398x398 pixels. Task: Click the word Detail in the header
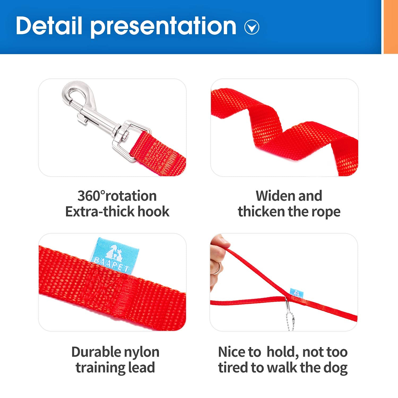49,25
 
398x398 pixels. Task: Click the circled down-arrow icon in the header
252,27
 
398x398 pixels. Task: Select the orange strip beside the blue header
391,27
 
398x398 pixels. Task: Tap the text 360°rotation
117,196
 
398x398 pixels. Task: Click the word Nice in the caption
231,352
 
